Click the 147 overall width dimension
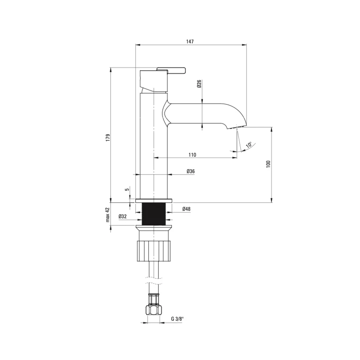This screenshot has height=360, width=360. point(190,41)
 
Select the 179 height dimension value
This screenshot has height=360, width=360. point(108,138)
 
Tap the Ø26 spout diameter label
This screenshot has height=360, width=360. point(199,84)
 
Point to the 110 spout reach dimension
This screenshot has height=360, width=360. point(192,155)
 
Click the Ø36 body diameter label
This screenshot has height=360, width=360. point(191,171)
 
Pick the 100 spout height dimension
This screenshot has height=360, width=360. point(269,164)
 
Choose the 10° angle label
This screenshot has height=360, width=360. point(249,145)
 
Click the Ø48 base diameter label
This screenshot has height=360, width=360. point(186,209)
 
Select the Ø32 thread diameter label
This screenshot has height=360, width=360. point(123,216)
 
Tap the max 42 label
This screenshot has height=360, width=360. point(108,215)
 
